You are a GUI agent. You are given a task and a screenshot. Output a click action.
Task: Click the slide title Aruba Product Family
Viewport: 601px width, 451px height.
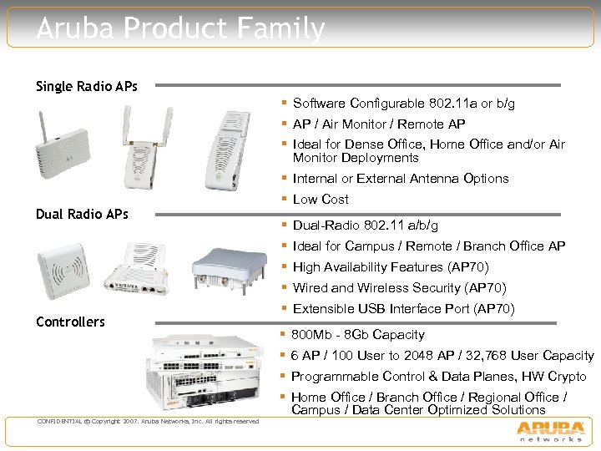pyautogui.click(x=180, y=29)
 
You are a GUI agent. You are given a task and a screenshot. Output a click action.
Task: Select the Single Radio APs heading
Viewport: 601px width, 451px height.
pyautogui.click(x=87, y=87)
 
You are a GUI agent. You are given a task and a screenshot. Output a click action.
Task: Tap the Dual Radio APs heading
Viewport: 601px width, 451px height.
pyautogui.click(x=82, y=214)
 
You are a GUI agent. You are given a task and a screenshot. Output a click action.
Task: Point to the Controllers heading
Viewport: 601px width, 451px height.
pyautogui.click(x=70, y=322)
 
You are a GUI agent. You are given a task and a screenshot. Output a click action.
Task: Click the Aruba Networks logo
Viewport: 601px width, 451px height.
pyautogui.click(x=550, y=431)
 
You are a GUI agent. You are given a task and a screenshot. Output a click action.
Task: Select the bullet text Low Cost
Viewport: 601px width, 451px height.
pyautogui.click(x=321, y=199)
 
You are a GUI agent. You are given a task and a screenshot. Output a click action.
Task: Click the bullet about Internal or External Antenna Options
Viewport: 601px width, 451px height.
pyautogui.click(x=401, y=178)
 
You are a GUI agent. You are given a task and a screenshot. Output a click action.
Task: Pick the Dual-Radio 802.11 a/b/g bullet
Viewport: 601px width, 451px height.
pyautogui.click(x=366, y=225)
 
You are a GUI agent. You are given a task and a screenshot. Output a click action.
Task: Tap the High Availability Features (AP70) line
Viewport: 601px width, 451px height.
pyautogui.click(x=391, y=267)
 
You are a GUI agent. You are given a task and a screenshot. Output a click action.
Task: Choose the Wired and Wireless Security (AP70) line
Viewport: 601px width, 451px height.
pyautogui.click(x=399, y=288)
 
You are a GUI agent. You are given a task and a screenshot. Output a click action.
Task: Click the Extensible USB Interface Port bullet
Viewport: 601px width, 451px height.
pyautogui.click(x=403, y=309)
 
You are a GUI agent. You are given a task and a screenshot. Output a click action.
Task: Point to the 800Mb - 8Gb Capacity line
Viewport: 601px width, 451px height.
pyautogui.click(x=358, y=334)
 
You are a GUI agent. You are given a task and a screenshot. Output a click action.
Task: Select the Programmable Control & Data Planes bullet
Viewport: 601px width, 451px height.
pyautogui.click(x=438, y=377)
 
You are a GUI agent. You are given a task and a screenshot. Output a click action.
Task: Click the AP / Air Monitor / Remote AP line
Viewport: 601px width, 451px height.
pyautogui.click(x=379, y=124)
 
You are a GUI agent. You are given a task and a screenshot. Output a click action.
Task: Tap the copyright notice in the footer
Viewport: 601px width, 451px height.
pyautogui.click(x=148, y=421)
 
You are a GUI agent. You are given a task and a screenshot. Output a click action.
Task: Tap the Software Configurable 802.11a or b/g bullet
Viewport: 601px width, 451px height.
pyautogui.click(x=403, y=104)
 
